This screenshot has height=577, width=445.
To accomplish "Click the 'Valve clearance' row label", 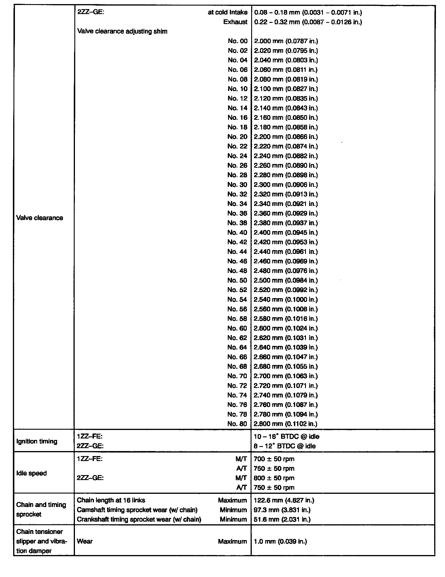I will (x=40, y=218).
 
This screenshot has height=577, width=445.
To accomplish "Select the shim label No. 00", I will (x=237, y=41).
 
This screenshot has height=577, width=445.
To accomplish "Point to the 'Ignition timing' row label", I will (x=37, y=441).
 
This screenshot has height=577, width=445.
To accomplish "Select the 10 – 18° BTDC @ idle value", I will (x=287, y=437).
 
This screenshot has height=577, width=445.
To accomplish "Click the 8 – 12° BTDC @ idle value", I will (x=285, y=446).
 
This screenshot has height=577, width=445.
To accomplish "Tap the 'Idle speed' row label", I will (x=32, y=473).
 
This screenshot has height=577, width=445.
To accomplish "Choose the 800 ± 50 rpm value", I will (x=274, y=478).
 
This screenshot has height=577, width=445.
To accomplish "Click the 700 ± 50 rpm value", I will (x=274, y=459).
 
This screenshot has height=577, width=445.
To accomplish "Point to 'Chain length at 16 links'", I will (x=111, y=500).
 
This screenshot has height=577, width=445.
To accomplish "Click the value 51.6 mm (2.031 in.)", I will (x=282, y=519).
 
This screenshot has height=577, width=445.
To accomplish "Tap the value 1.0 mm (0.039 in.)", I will (x=280, y=542).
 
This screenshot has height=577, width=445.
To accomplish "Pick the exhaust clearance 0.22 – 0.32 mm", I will (x=308, y=22).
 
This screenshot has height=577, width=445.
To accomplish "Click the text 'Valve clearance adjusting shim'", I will (x=122, y=31).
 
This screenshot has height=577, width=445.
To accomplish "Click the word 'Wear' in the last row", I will (x=85, y=541).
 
